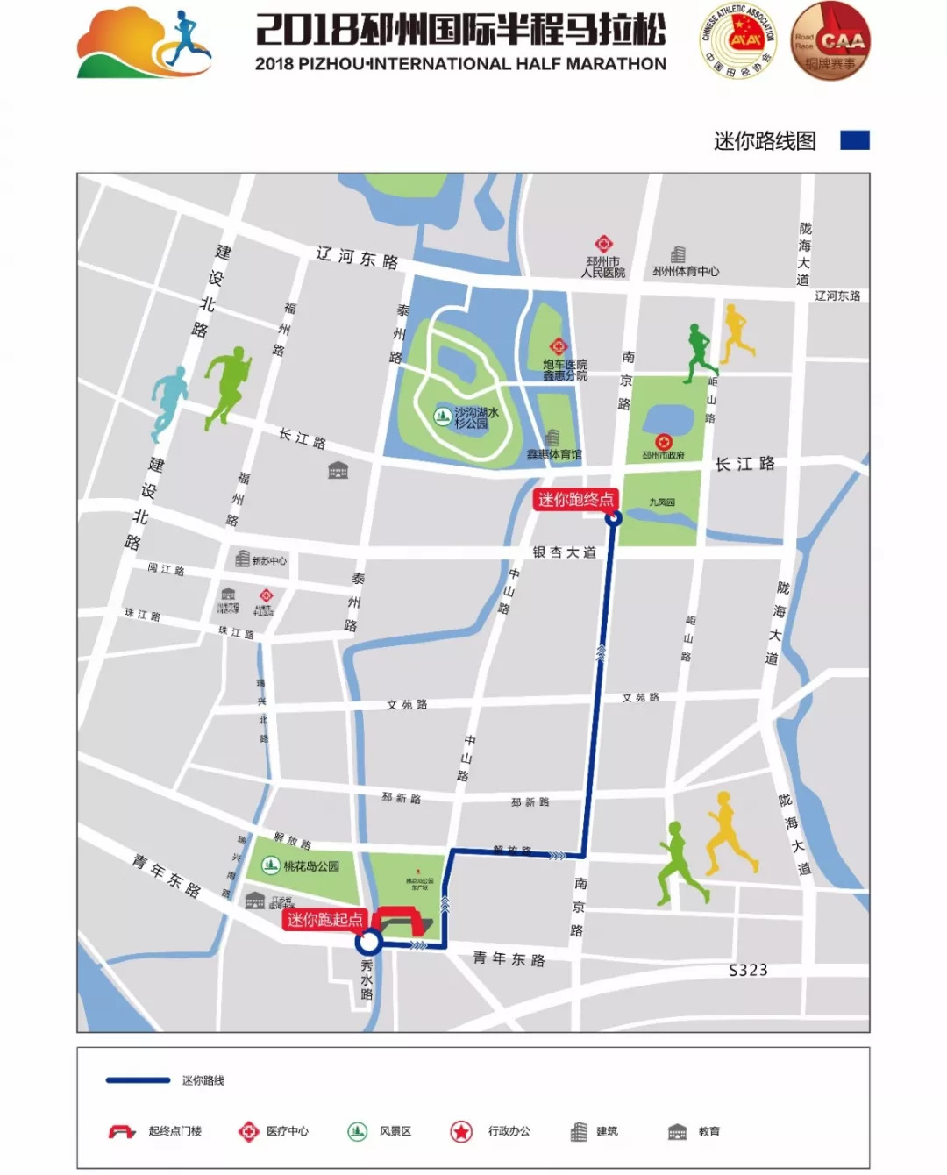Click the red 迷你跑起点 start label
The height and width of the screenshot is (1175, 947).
coord(324,919)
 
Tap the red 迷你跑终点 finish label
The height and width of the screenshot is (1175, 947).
coord(575,500)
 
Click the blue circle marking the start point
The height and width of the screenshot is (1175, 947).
coord(369,943)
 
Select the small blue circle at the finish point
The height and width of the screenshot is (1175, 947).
coord(614,518)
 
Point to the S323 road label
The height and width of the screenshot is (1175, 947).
coord(748,970)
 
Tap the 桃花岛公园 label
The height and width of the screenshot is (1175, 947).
coord(311,866)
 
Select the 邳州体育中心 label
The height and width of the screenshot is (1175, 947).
coord(685,272)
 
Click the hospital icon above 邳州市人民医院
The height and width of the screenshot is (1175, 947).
coord(603,244)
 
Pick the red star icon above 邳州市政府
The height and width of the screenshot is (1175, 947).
coord(663,441)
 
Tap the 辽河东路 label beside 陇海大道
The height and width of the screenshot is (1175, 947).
coord(837,296)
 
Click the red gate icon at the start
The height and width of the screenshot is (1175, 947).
coord(400,922)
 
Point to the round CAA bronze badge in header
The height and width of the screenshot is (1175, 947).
coord(830,41)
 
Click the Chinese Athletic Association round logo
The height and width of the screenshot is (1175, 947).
coord(739,41)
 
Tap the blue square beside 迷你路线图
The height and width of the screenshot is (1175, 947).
coord(855,140)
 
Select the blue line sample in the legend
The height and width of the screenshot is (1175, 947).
coord(138,1080)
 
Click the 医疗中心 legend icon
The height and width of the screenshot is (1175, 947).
coord(249,1132)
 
